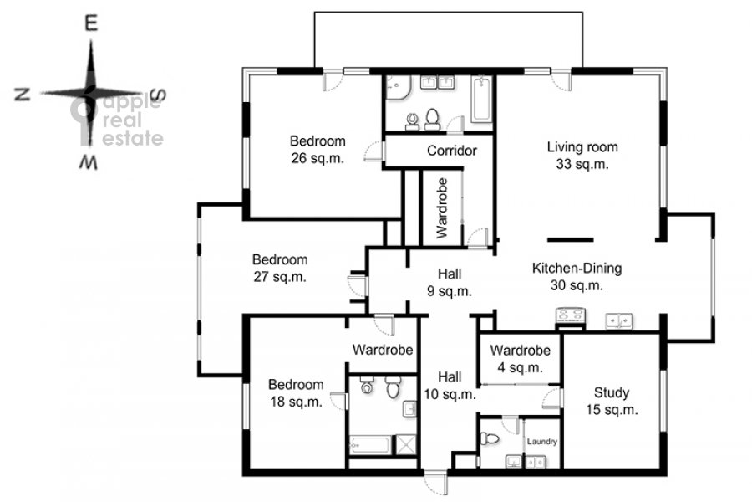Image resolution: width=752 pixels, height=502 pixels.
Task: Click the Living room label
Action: pyautogui.click(x=582, y=155)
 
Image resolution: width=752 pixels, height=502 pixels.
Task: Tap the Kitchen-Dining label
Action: pyautogui.click(x=577, y=276)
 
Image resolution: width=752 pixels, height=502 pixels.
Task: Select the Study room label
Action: pyautogui.click(x=612, y=401)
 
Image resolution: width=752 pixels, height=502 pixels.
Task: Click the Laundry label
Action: pyautogui.click(x=542, y=442)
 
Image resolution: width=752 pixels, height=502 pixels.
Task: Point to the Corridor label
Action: pyautogui.click(x=452, y=151)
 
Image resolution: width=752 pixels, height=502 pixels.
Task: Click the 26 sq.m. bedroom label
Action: pyautogui.click(x=318, y=150)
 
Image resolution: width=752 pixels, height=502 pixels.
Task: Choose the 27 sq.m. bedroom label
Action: pyautogui.click(x=280, y=268)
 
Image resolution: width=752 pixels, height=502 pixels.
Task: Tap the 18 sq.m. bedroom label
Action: pyautogui.click(x=296, y=393)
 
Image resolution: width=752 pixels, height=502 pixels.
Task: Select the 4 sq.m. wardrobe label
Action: pyautogui.click(x=521, y=359)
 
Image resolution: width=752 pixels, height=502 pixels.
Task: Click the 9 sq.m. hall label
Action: pyautogui.click(x=450, y=283)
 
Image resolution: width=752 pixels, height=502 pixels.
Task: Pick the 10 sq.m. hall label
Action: pyautogui.click(x=450, y=385)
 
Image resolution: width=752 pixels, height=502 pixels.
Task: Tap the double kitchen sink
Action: pyautogui.click(x=619, y=320)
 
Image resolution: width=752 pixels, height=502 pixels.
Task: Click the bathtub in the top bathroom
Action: pyautogui.click(x=481, y=100)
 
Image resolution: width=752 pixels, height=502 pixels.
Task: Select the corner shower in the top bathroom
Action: pyautogui.click(x=397, y=88)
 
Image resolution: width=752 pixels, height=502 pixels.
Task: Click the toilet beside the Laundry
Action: pyautogui.click(x=489, y=438)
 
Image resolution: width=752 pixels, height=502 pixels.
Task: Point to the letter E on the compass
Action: pyautogui.click(x=91, y=23)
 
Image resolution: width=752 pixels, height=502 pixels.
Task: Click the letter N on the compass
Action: pyautogui.click(x=23, y=95)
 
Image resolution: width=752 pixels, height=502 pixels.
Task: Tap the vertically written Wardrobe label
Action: pyautogui.click(x=442, y=208)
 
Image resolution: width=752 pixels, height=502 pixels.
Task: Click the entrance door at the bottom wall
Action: pyautogui.click(x=435, y=482)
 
